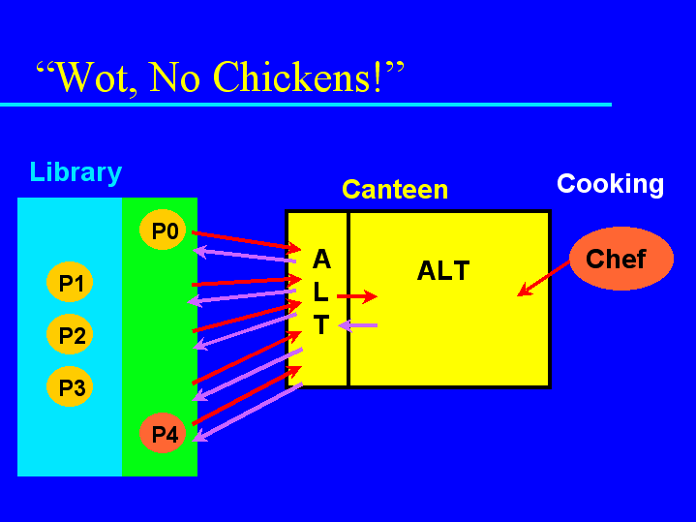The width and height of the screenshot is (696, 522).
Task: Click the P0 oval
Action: pos(163,230)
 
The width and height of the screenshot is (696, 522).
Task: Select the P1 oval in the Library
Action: pos(70,282)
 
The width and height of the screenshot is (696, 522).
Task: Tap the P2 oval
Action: pos(70,334)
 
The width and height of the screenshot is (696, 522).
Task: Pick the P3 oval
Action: pos(70,386)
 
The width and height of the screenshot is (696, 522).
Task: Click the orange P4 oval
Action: pos(163,433)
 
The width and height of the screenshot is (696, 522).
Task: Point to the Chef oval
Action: pos(621,259)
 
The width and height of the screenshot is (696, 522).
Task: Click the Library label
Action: pos(76,172)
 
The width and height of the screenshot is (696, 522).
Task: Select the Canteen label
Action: pos(395,190)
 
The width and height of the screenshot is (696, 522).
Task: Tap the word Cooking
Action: pos(611,184)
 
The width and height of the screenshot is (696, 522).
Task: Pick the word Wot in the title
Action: pos(94,77)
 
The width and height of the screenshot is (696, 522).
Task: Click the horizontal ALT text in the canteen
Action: pos(443,270)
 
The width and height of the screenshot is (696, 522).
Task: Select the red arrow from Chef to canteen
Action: pos(544,278)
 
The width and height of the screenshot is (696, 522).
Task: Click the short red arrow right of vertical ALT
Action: pos(357,296)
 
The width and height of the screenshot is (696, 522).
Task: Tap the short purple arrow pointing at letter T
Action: pos(358,325)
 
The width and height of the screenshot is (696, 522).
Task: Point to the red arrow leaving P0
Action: pos(246,241)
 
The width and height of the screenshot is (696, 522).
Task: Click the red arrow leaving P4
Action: pos(247,395)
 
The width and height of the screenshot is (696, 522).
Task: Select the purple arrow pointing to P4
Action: pos(247,412)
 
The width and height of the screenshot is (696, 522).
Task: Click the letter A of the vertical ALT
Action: pos(321,259)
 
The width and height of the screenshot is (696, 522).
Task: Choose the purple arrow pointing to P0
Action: pos(245,255)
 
